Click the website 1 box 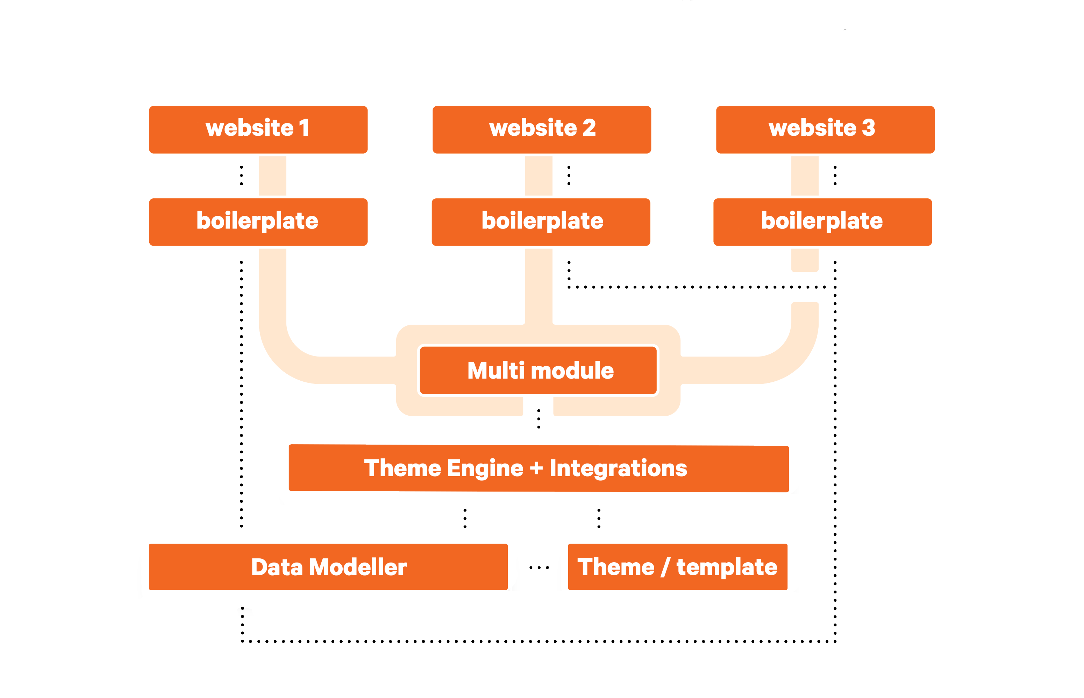coord(258,129)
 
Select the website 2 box coord(542,129)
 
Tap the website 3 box coord(825,129)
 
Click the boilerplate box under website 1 coord(258,222)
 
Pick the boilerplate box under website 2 coord(541,222)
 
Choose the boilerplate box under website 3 coord(823,222)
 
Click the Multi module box coord(538,370)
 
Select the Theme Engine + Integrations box coord(539,468)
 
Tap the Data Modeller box coord(328,566)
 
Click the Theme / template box coord(678,566)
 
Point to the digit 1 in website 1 coord(305,128)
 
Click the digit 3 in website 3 coord(868,128)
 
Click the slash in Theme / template coord(665,567)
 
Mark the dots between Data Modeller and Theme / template coord(539,567)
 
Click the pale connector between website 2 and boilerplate coord(539,176)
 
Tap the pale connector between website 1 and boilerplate coord(272,176)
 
